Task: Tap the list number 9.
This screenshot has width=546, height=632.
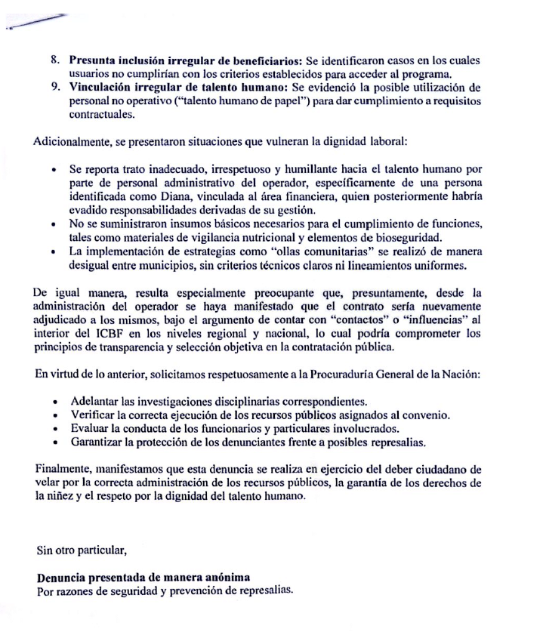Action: pos(54,88)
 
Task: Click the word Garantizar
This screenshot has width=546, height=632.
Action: pos(99,441)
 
